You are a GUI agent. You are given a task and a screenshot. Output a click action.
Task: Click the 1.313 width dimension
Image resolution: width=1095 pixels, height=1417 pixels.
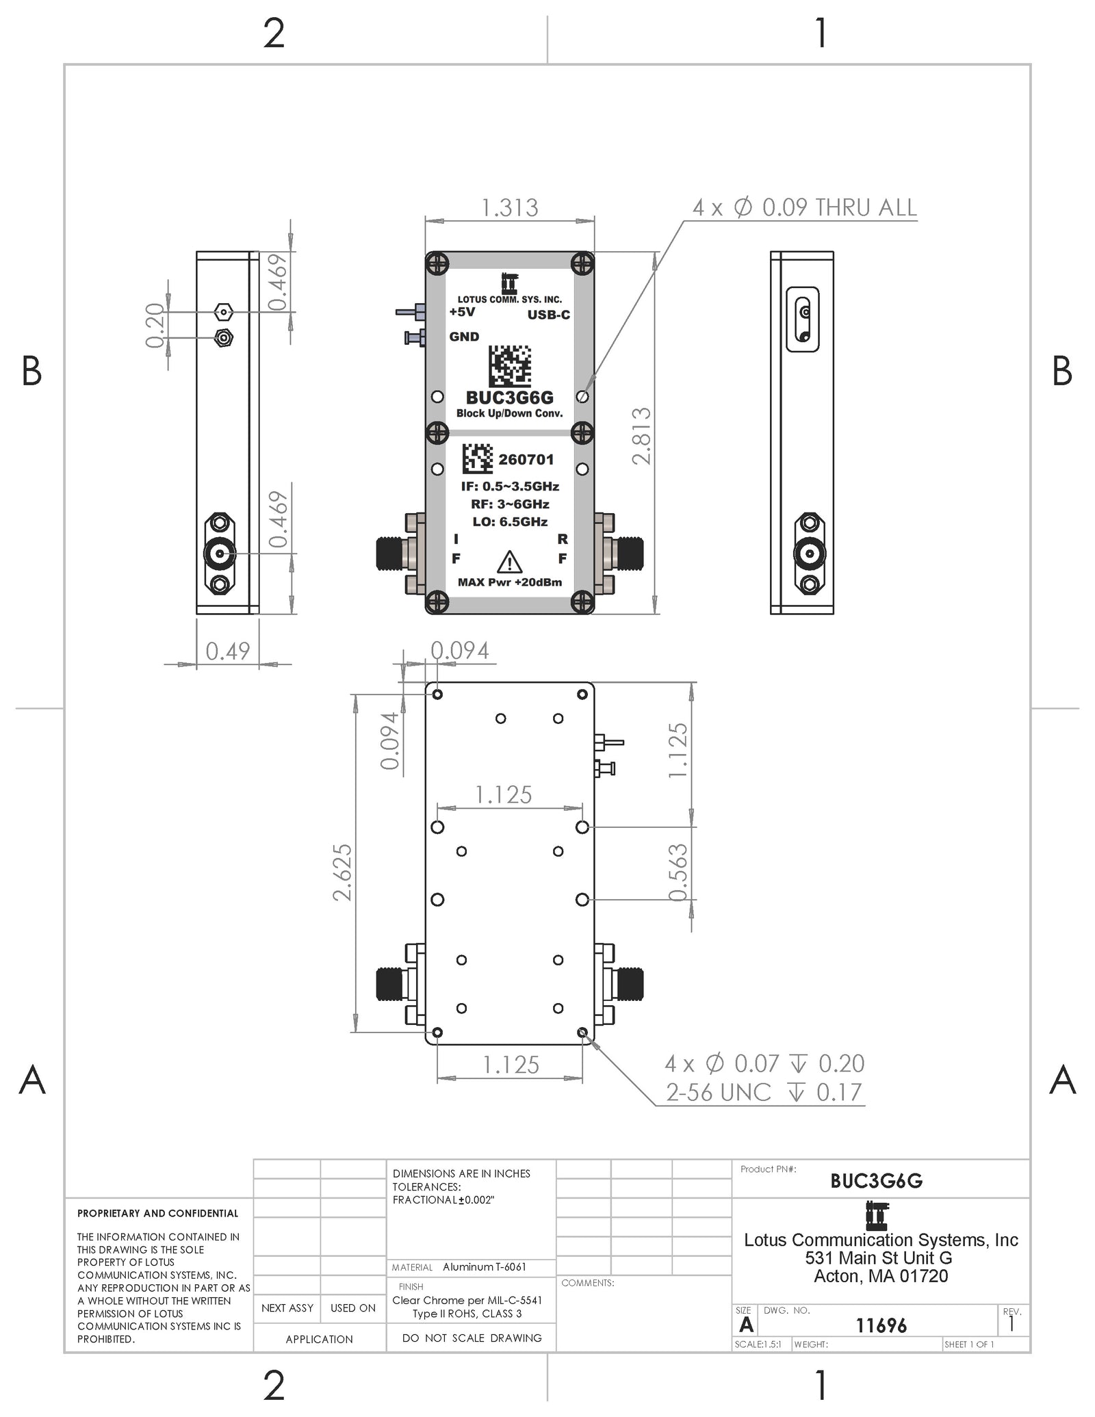click(x=510, y=207)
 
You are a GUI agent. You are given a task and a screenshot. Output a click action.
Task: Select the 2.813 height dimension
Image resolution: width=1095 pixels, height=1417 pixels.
click(x=641, y=436)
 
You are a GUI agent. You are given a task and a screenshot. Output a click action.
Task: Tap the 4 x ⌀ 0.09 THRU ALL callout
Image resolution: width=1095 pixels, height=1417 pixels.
click(x=804, y=207)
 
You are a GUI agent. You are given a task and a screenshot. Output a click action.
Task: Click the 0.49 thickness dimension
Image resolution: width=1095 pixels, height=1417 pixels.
click(x=228, y=651)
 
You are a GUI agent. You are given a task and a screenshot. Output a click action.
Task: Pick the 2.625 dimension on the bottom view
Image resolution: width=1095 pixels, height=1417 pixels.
click(x=342, y=872)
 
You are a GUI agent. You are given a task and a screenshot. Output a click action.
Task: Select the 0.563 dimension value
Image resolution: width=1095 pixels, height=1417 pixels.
click(x=677, y=872)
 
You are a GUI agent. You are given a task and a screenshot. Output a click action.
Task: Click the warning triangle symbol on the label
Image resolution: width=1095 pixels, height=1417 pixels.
click(x=509, y=562)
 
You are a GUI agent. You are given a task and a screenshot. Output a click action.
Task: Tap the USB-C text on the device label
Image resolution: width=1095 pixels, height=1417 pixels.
click(x=548, y=315)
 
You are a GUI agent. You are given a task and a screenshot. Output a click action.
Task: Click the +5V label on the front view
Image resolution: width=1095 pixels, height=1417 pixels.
click(x=462, y=312)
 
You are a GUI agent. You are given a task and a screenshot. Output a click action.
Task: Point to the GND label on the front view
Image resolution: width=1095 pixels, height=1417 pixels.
click(x=464, y=337)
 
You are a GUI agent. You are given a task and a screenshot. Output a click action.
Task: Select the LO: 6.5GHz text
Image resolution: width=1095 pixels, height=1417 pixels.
click(x=510, y=521)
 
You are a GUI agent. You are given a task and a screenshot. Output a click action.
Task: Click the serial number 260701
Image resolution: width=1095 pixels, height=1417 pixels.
click(x=526, y=459)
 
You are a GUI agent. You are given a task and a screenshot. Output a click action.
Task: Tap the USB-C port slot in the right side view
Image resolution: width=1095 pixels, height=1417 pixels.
click(x=803, y=320)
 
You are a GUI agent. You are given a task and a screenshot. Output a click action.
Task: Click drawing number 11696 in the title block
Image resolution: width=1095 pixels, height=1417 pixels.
click(x=881, y=1325)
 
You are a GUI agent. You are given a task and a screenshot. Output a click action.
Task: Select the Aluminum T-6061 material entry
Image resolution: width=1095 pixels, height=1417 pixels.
click(x=485, y=1266)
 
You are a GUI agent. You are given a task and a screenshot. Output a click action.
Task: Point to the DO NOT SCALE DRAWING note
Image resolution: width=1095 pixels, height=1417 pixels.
click(x=472, y=1338)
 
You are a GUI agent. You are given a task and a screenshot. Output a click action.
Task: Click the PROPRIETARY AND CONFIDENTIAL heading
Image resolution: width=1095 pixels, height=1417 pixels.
click(x=157, y=1213)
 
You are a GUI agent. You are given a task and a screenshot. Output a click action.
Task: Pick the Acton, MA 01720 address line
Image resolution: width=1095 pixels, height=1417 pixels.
click(x=881, y=1276)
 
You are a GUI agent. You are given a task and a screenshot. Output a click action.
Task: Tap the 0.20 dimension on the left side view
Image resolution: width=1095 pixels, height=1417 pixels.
click(x=155, y=325)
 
